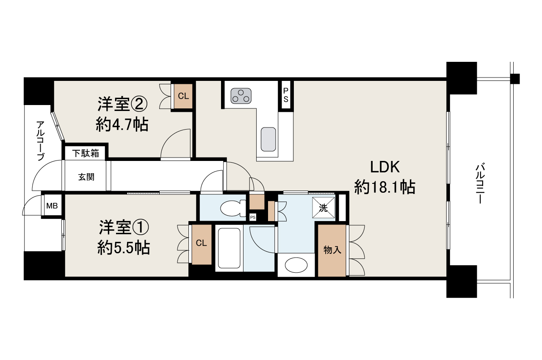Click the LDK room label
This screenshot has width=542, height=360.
pyautogui.click(x=385, y=167)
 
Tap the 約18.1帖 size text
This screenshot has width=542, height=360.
pyautogui.click(x=385, y=187)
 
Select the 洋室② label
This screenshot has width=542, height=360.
pyautogui.click(x=122, y=104)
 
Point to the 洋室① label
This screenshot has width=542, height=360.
pyautogui.click(x=124, y=227)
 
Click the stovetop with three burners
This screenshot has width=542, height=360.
pyautogui.click(x=241, y=96)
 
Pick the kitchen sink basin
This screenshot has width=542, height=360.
pyautogui.click(x=268, y=139)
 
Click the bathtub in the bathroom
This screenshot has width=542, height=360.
pyautogui.click(x=229, y=248)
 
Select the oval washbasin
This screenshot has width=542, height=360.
pyautogui.click(x=296, y=265)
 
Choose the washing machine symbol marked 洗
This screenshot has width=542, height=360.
pyautogui.click(x=324, y=208)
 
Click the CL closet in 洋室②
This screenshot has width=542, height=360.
pyautogui.click(x=183, y=96)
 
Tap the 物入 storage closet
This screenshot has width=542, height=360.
pyautogui.click(x=332, y=250)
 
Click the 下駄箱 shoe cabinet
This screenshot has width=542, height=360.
pyautogui.click(x=86, y=153)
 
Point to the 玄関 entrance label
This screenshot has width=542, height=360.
pyautogui.click(x=86, y=177)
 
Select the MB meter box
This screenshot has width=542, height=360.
pyautogui.click(x=52, y=206)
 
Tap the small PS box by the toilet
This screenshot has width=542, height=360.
pyautogui.click(x=253, y=217)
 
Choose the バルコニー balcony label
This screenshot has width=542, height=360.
pyautogui.click(x=480, y=183)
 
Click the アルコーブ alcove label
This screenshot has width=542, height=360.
pyautogui.click(x=40, y=141)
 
